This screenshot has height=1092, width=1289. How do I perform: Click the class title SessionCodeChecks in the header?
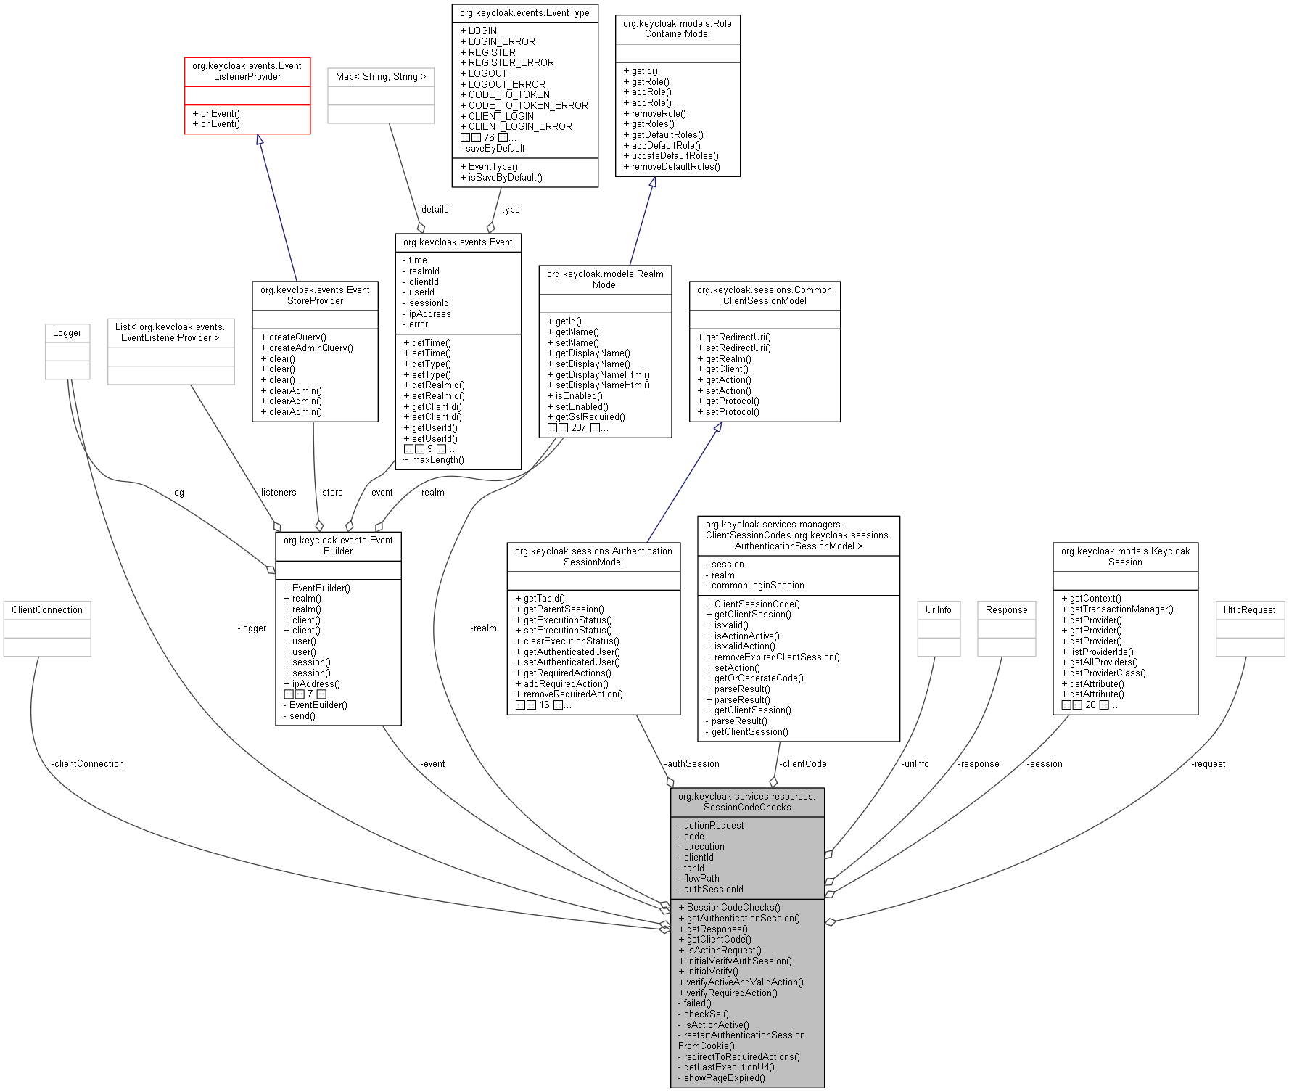(x=747, y=802)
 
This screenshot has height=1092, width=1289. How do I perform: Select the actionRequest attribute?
(x=714, y=826)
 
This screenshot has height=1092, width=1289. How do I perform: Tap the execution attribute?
(x=704, y=847)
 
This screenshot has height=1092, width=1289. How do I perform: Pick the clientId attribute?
(x=699, y=858)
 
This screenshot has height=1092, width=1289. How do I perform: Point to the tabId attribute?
(x=693, y=869)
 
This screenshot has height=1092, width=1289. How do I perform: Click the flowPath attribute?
(x=701, y=879)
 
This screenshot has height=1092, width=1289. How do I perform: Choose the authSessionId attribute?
(x=713, y=890)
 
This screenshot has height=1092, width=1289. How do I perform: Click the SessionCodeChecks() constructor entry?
(x=733, y=908)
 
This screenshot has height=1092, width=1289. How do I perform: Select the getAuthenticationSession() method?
(x=743, y=919)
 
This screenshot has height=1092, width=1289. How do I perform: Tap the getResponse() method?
(x=717, y=929)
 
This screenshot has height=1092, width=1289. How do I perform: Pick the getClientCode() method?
(x=719, y=940)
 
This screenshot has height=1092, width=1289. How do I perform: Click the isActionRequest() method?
(x=724, y=951)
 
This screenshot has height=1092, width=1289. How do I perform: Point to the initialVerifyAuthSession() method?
(x=738, y=961)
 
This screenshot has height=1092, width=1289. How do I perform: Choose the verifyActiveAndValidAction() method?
(x=745, y=982)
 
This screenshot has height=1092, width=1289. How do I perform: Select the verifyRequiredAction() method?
(x=731, y=993)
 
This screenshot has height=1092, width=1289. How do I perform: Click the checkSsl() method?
(x=706, y=1014)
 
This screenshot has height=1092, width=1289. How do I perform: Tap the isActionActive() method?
(x=716, y=1025)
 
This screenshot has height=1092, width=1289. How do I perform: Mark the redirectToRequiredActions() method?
(x=741, y=1057)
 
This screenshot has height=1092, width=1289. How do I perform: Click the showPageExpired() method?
(x=724, y=1078)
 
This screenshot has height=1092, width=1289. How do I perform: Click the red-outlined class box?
(x=247, y=96)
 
